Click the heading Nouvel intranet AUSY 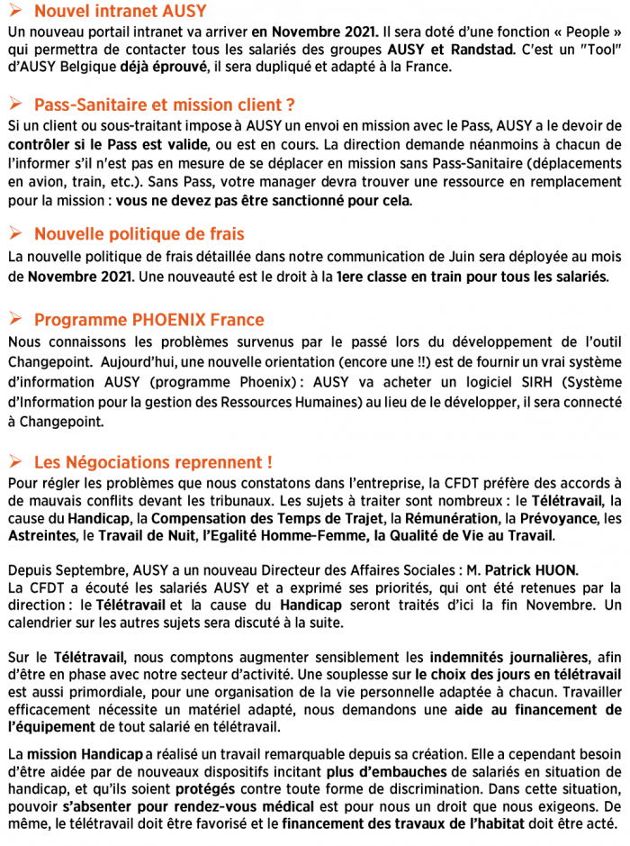point(120,12)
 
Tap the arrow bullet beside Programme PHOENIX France point(15,319)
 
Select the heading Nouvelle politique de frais point(139,234)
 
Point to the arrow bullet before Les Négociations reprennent point(15,462)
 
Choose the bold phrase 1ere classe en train point(397,276)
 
